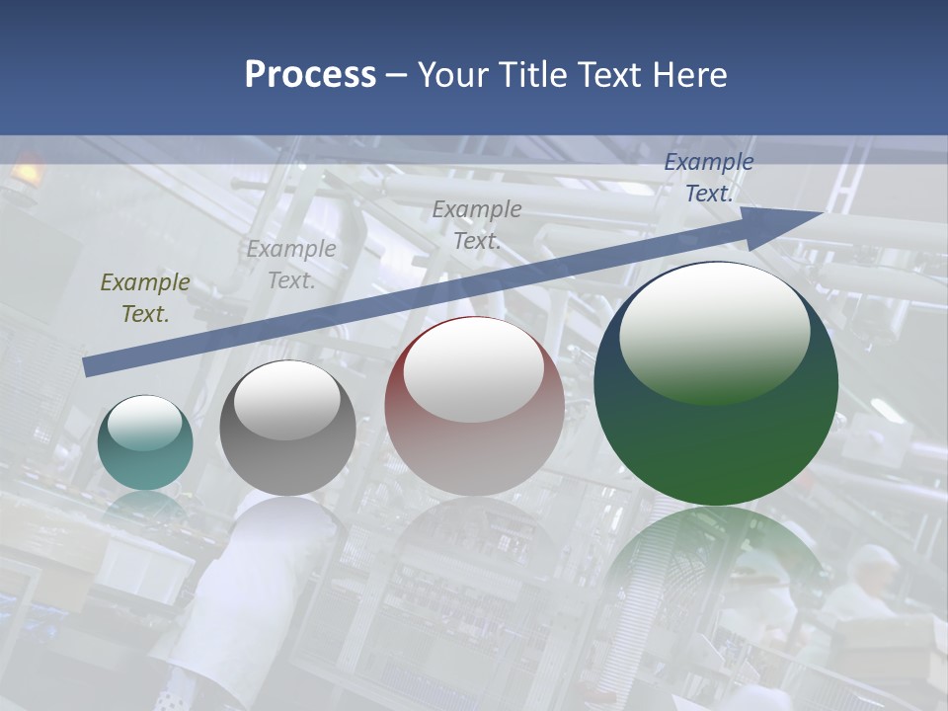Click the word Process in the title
[310, 75]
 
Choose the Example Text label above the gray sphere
[291, 265]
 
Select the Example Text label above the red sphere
[477, 224]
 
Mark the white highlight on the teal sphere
[144, 423]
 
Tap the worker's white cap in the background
[874, 558]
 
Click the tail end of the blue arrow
[89, 366]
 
